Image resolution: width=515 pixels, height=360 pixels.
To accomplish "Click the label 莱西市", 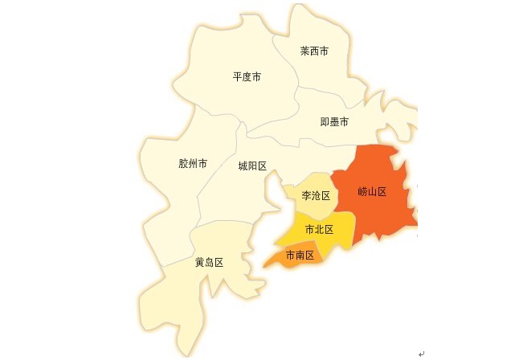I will pyautogui.click(x=314, y=51).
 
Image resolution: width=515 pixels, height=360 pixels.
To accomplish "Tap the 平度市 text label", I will pyautogui.click(x=247, y=77).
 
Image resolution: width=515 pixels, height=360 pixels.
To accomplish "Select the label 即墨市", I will pyautogui.click(x=334, y=122).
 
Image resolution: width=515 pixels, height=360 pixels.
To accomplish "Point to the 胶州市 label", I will pyautogui.click(x=193, y=164).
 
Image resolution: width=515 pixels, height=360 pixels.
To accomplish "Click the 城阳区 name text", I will pyautogui.click(x=252, y=166).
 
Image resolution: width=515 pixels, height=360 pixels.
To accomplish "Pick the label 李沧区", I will pyautogui.click(x=316, y=195).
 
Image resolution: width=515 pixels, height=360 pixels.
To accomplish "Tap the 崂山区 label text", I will pyautogui.click(x=373, y=192).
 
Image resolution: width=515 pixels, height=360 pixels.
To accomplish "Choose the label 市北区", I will pyautogui.click(x=319, y=229).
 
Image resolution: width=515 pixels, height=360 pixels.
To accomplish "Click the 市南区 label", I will pyautogui.click(x=300, y=256).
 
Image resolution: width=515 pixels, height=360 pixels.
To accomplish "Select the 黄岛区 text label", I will pyautogui.click(x=209, y=263).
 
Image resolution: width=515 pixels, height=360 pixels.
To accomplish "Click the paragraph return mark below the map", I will pyautogui.click(x=421, y=353).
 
